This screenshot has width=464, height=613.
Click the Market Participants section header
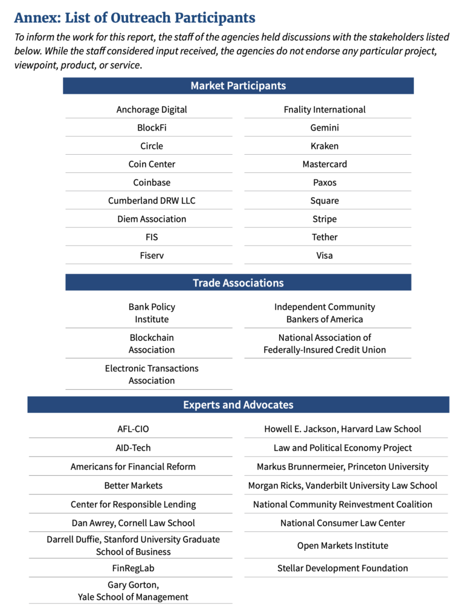click(x=238, y=86)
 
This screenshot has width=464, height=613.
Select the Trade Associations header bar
click(x=238, y=283)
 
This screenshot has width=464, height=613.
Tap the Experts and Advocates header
click(x=238, y=405)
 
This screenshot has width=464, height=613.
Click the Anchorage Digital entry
click(x=152, y=109)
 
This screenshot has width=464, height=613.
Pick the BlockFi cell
click(x=152, y=128)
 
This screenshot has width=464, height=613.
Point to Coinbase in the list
click(x=152, y=183)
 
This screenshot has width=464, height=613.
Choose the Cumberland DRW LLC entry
click(x=152, y=201)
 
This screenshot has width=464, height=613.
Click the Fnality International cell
click(x=324, y=109)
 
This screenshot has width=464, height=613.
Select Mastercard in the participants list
click(x=324, y=164)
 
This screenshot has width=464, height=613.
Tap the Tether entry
click(x=324, y=237)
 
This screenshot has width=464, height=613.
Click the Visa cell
click(x=324, y=255)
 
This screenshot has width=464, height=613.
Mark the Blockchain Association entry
click(x=152, y=343)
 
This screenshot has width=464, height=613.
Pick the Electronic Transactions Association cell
click(x=152, y=374)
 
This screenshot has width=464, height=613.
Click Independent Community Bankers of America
click(x=324, y=313)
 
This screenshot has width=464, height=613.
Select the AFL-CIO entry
click(x=133, y=429)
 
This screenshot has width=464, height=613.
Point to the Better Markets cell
click(x=133, y=485)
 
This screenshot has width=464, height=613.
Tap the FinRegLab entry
click(x=133, y=568)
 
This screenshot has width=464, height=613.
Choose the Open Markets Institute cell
click(x=343, y=545)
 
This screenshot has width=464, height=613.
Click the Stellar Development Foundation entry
click(x=343, y=568)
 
